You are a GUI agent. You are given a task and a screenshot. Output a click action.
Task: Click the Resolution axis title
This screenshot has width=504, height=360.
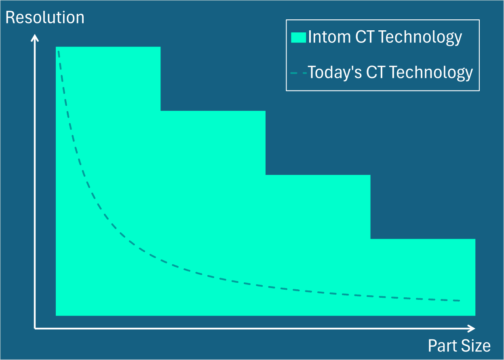pos(45,18)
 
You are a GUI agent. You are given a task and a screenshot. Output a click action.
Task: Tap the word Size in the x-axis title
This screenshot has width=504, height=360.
pos(477,346)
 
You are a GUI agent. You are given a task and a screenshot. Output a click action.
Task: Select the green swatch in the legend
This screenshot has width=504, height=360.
pos(298,38)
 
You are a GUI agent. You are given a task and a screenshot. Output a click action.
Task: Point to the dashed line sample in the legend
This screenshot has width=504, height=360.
pos(298,73)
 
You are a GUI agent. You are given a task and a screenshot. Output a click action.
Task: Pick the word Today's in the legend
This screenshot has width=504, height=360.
pos(335,73)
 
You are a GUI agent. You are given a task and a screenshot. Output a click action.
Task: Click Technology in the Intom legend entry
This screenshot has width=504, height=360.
pos(420,37)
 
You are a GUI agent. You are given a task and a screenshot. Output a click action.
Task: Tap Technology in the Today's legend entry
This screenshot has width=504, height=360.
pos(431,73)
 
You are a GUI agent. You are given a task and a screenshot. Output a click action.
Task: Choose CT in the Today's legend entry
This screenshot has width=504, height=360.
pos(376,73)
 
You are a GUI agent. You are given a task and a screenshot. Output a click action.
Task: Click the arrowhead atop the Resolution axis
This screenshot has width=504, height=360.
pos(35,37)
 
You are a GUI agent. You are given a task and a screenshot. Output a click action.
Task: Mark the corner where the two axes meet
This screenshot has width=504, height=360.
pos(35,328)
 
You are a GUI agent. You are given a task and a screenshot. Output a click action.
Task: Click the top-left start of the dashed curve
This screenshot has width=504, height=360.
pos(59,51)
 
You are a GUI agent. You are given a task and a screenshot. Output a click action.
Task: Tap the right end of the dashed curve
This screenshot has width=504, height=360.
pos(460,301)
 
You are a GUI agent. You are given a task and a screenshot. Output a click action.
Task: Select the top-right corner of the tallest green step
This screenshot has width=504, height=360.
pos(160,47)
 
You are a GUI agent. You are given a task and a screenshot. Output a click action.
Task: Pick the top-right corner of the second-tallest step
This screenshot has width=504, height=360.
pos(265,111)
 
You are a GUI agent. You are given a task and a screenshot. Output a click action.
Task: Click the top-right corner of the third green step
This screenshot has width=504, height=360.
pos(370,175)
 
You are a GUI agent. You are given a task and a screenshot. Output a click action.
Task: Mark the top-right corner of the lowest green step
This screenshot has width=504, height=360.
pos(475,239)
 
